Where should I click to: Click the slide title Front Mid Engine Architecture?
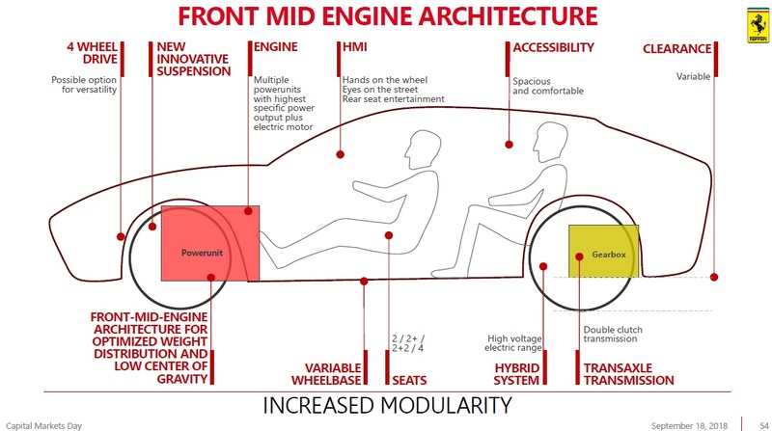click(x=386, y=16)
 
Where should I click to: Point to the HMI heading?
click(x=354, y=47)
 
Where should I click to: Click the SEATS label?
click(x=409, y=380)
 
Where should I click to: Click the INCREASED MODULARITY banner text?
click(x=387, y=404)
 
